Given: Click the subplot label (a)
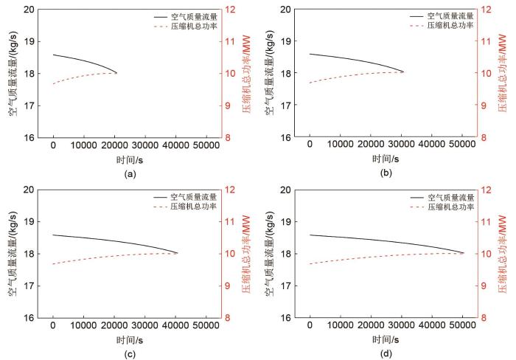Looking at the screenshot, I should [130, 174].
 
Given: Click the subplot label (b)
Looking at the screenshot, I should [386, 174].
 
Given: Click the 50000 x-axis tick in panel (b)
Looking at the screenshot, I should [462, 145].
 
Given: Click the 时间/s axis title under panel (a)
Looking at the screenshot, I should [130, 159].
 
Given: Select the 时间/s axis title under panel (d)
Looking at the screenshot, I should [386, 339].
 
